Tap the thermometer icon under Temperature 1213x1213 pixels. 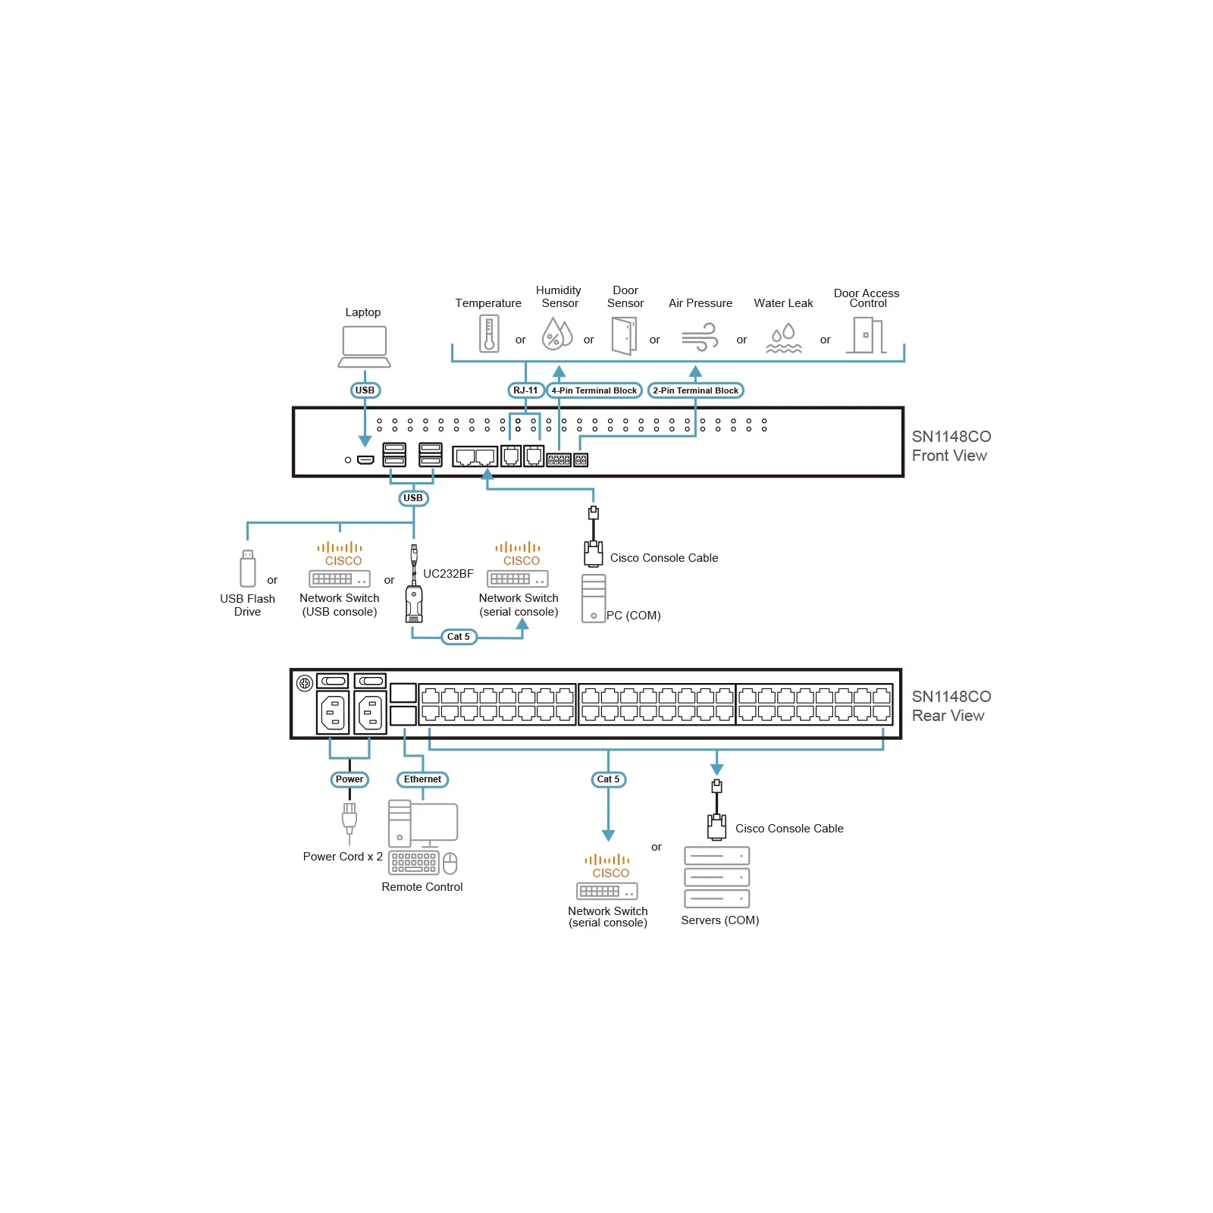click(x=489, y=334)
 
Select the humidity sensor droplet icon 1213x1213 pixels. click(x=557, y=334)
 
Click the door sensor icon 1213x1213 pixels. click(x=624, y=336)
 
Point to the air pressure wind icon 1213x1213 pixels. click(x=700, y=337)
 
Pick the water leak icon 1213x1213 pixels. click(x=784, y=338)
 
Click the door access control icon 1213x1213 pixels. click(x=867, y=335)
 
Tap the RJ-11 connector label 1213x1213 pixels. click(x=525, y=390)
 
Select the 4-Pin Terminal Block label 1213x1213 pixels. click(x=594, y=390)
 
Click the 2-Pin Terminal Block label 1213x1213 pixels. click(x=696, y=390)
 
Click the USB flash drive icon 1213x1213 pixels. click(x=248, y=569)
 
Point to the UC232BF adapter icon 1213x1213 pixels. click(x=414, y=584)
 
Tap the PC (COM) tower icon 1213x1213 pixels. click(x=594, y=598)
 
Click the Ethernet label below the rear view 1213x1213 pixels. click(x=422, y=779)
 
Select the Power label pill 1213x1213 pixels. click(x=349, y=779)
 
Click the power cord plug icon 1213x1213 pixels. click(x=349, y=822)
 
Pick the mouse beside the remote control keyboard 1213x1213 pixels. click(x=450, y=864)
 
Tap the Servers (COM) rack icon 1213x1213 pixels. click(x=717, y=877)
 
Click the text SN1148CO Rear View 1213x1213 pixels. click(x=951, y=706)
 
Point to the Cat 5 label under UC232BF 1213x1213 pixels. click(x=459, y=637)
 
